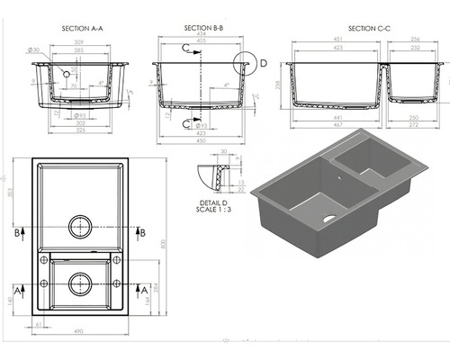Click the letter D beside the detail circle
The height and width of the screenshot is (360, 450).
(x=264, y=63)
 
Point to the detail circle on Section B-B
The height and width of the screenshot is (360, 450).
(x=243, y=65)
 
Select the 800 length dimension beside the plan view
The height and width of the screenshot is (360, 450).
(x=163, y=243)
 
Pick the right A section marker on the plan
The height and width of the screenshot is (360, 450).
(x=143, y=290)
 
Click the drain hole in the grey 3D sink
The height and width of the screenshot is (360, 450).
(x=328, y=218)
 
